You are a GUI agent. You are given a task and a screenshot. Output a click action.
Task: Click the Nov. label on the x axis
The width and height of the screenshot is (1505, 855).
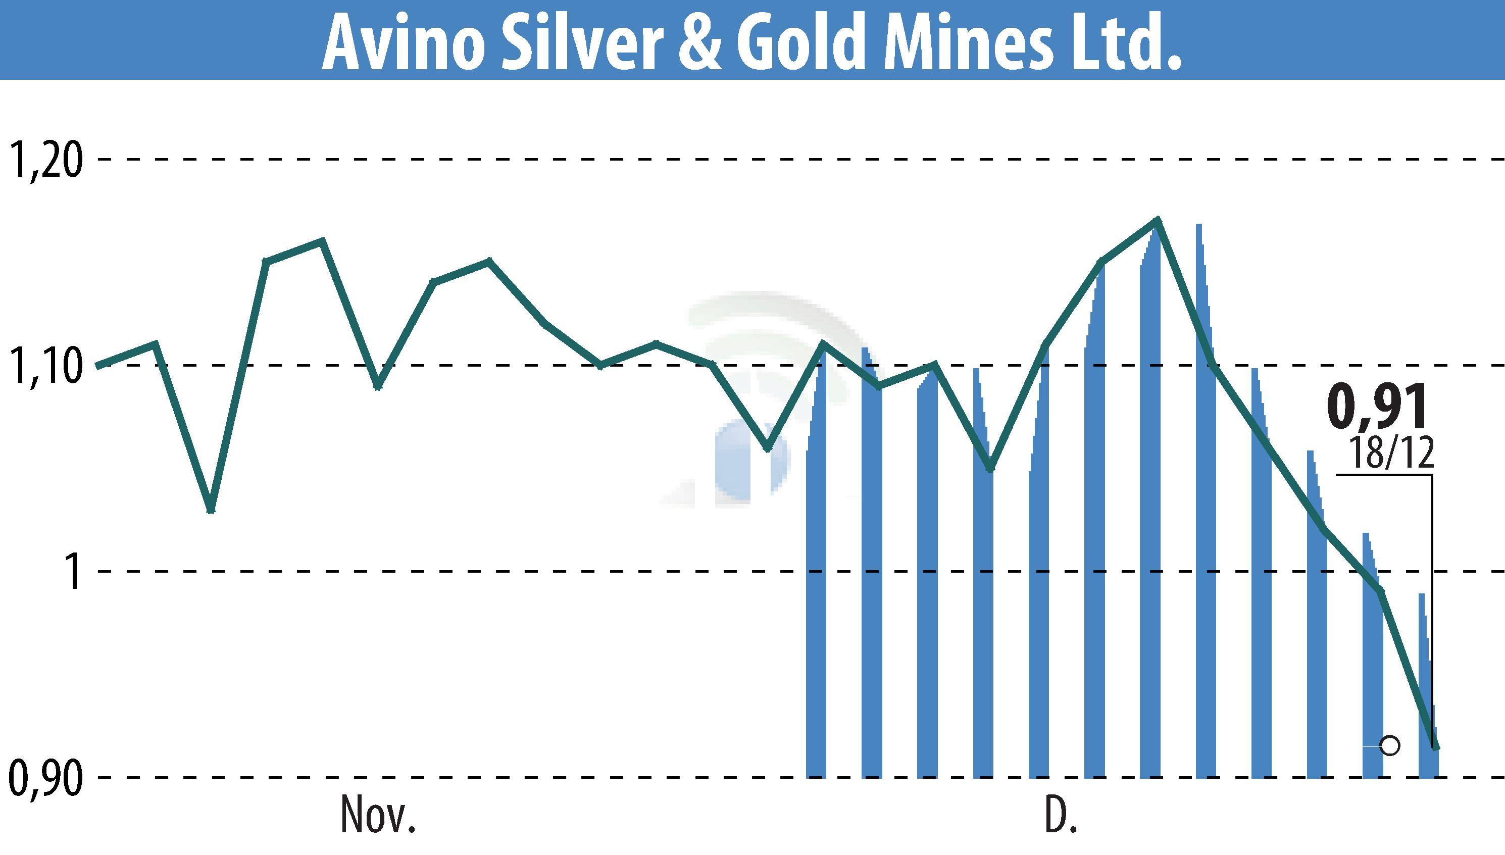click(378, 816)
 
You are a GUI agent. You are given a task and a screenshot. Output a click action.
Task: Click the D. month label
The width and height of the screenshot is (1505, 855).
click(1061, 816)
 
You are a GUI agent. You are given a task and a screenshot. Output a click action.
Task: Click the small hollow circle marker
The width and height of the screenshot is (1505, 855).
click(1390, 746)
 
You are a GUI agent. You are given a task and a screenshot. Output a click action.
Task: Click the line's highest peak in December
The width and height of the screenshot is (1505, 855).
click(1157, 220)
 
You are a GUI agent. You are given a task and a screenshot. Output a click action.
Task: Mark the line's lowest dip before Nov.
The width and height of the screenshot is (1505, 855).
click(212, 510)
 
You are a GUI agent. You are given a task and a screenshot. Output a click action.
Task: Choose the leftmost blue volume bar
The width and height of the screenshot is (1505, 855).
click(816, 587)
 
